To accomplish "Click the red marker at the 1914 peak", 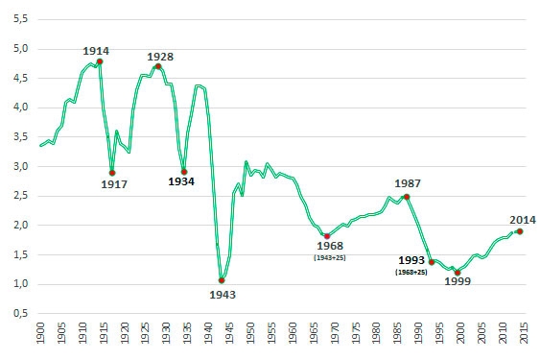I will pos(100,61).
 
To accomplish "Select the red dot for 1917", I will pos(112,173).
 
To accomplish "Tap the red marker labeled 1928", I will pos(158,66).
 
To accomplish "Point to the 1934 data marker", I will pos(183,172).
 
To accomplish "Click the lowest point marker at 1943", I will pos(222,280).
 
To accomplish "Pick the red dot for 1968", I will pos(326,236).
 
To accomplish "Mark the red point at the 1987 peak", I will pos(407,197).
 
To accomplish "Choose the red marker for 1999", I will pos(458,273).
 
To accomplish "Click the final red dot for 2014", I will pos(519,230).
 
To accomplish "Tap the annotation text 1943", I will pos(222,295).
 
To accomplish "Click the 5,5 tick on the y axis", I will pos(20,19).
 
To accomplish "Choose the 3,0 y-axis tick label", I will pos(20,167).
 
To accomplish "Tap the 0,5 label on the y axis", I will pos(20,314).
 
